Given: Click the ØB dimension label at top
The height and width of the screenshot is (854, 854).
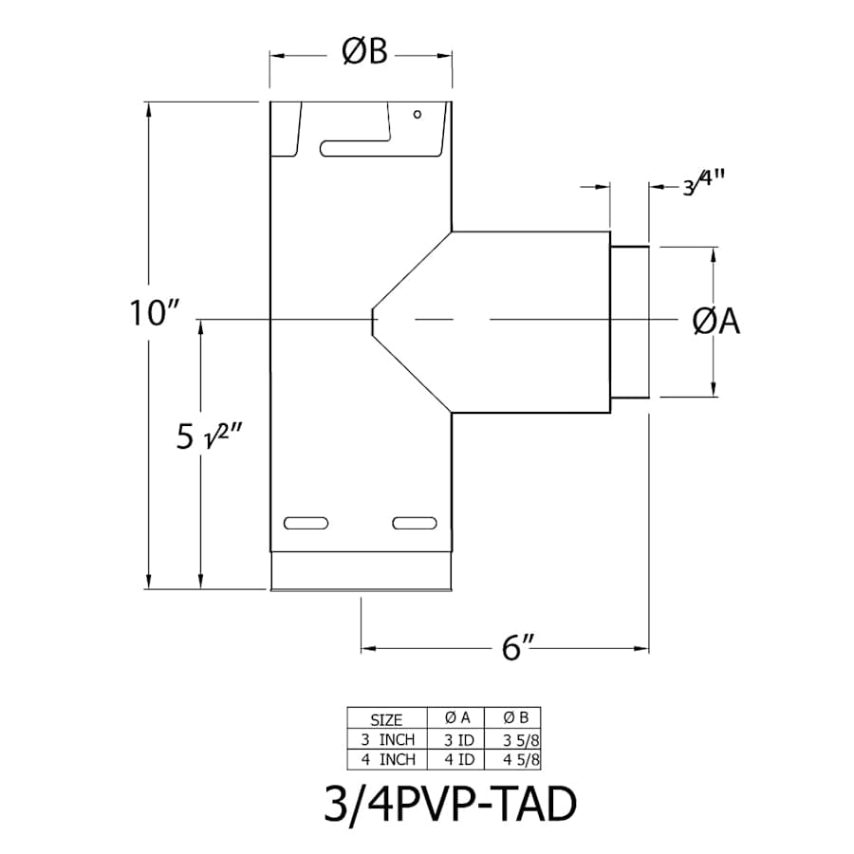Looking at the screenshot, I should tap(364, 54).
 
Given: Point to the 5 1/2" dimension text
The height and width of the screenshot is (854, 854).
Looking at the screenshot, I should tap(210, 437).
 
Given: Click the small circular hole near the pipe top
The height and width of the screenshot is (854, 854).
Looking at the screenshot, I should tap(417, 115).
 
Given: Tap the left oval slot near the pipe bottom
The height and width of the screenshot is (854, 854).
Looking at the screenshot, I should tap(307, 523).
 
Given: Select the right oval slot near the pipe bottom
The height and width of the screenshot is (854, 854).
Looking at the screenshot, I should tap(415, 523).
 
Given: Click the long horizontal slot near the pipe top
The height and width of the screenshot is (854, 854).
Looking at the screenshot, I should tap(356, 148).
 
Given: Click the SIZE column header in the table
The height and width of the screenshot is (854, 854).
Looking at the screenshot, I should tap(385, 718).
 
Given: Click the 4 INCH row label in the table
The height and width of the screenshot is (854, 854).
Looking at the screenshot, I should tap(385, 758).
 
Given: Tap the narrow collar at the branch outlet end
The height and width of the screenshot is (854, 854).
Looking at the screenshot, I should tap(629, 323).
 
